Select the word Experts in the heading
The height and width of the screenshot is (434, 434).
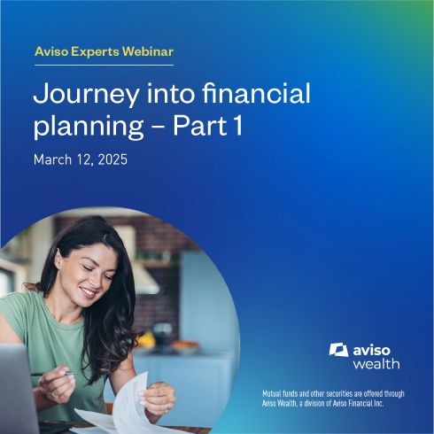95,52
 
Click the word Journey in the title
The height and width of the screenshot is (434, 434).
86,95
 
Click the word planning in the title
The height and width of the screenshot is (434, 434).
89,127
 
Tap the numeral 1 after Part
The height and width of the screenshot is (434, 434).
237,125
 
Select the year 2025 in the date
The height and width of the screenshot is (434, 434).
112,159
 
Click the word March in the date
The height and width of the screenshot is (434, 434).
52,159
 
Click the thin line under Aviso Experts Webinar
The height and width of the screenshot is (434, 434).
104,65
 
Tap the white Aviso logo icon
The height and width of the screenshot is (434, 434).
338,350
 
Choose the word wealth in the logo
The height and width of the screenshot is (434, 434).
376,364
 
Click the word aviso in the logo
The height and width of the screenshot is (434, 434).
371,350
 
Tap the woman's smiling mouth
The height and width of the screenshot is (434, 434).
89,292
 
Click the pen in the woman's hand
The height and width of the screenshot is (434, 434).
53,374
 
